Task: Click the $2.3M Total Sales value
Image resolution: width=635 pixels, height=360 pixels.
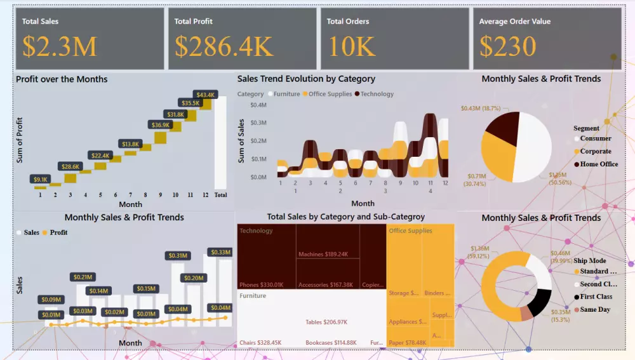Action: click(60, 46)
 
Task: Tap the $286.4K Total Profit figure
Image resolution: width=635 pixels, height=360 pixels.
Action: click(224, 46)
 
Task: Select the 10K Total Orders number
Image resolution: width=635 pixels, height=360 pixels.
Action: click(352, 46)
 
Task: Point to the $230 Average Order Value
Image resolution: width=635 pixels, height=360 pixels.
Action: click(507, 46)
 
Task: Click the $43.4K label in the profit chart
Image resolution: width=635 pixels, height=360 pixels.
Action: click(206, 95)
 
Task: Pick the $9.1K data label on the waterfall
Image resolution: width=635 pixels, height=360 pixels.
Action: click(40, 179)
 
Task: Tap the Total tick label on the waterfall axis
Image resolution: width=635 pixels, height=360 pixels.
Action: click(220, 195)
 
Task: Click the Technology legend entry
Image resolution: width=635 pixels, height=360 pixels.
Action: click(377, 94)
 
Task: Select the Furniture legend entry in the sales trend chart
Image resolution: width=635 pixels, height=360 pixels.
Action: click(286, 94)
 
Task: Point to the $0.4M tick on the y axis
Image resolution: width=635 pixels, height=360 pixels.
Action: click(257, 105)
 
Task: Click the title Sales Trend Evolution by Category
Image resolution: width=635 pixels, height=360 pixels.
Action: click(306, 79)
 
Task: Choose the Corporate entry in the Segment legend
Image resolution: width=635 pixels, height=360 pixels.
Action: click(595, 151)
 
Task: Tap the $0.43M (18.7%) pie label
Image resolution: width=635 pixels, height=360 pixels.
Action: click(481, 109)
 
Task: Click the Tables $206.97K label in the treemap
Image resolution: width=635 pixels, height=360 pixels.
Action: click(326, 322)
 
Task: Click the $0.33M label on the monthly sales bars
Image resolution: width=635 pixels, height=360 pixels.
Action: click(220, 252)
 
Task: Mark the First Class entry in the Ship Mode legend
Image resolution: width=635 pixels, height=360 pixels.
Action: click(596, 297)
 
